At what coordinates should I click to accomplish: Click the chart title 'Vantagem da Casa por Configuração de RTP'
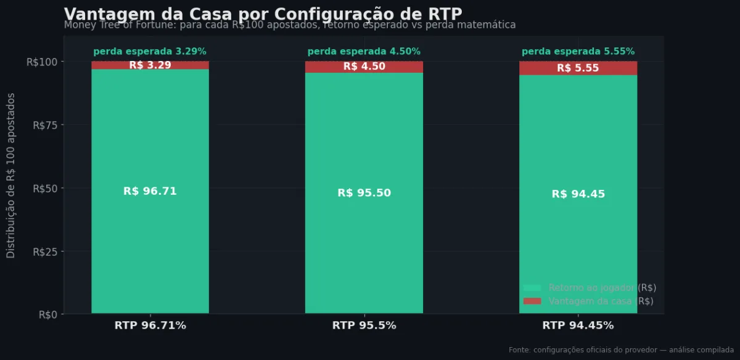coord(263,14)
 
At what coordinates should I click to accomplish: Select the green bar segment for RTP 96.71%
coord(150,247)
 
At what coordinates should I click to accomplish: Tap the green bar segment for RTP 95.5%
coord(364,247)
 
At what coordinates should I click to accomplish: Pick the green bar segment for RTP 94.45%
coord(578,247)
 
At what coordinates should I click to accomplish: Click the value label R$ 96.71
coord(150,191)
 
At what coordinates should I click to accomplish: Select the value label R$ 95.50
coord(364,193)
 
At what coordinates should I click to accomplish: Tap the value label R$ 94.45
coord(578,194)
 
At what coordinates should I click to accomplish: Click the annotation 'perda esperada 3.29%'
coord(150,52)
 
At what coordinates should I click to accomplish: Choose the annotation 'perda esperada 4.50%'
coord(364,52)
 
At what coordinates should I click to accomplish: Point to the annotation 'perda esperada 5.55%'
coord(578,52)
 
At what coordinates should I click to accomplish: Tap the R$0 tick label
coord(47,314)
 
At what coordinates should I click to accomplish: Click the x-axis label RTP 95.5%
coord(364,325)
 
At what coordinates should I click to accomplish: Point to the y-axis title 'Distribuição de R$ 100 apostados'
coord(11,176)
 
